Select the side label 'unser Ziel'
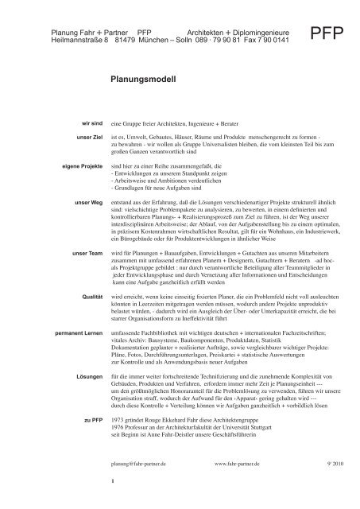click(x=88, y=138)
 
